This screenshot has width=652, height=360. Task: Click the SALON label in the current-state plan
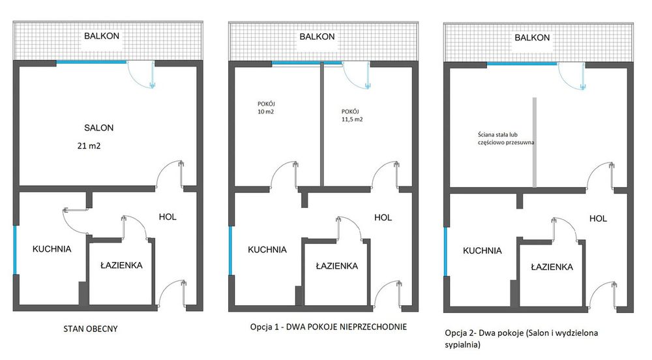98,128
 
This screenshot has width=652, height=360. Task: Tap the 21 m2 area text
89,145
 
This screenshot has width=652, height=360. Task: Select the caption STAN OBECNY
90,329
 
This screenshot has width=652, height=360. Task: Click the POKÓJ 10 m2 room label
266,108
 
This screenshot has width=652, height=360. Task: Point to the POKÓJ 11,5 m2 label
352,115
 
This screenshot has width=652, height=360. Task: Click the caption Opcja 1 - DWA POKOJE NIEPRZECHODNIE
328,327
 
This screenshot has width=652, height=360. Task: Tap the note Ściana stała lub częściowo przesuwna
506,138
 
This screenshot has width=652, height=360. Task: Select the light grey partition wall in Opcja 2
535,142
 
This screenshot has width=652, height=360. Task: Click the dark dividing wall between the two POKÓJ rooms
322,125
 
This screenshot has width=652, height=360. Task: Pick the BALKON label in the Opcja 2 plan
532,37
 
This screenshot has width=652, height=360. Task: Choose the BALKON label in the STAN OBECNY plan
102,36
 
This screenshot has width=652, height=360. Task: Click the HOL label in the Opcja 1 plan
383,217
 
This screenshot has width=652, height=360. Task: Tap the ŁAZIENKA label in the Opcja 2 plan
552,267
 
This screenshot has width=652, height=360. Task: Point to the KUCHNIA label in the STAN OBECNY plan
52,249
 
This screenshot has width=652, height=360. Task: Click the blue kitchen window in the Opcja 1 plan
230,250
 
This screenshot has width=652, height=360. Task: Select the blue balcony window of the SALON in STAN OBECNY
91,63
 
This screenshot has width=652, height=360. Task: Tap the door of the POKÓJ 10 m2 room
284,173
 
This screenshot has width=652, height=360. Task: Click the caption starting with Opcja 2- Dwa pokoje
521,338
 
